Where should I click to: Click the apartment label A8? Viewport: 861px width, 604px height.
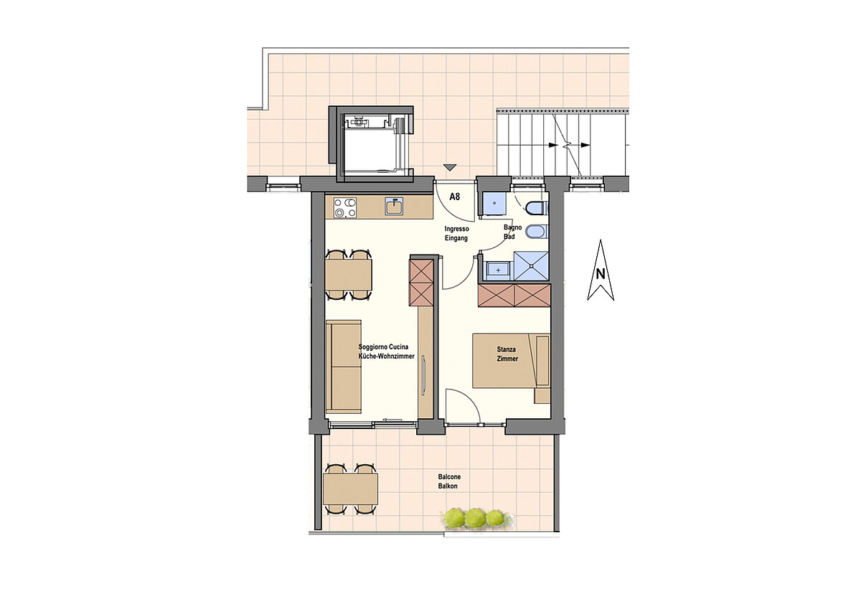[x=455, y=197]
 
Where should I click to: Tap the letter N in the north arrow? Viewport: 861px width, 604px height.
[x=601, y=274]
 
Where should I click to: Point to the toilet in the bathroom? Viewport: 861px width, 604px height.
[x=536, y=209]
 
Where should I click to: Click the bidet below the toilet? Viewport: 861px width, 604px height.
[x=536, y=232]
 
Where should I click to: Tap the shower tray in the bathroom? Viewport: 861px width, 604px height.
[x=531, y=267]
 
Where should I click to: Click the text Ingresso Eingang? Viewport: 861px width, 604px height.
[x=456, y=233]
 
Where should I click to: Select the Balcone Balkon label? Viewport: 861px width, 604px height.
[x=449, y=481]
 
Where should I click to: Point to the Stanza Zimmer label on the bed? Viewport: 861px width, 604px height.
[x=507, y=354]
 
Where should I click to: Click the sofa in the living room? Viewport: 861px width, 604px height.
[x=344, y=366]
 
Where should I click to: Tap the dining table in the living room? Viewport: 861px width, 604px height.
[x=349, y=275]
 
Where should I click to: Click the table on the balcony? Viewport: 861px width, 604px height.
[x=350, y=489]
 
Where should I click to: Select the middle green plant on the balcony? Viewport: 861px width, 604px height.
[x=475, y=517]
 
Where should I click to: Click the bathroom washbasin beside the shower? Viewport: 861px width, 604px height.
[x=498, y=270]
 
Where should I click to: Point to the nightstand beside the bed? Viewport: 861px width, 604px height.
[x=542, y=395]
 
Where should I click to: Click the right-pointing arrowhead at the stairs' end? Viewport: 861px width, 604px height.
[x=585, y=145]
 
